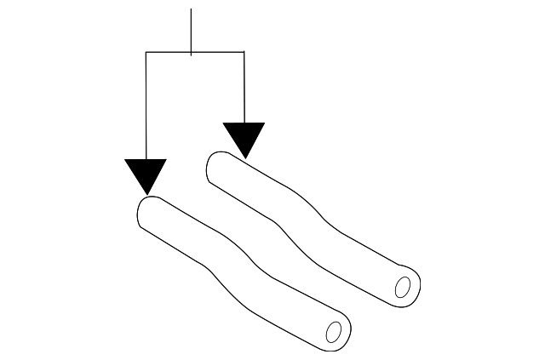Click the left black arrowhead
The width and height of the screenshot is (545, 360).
146,173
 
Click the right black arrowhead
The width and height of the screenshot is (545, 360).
244,136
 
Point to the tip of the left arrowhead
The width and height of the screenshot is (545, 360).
147,194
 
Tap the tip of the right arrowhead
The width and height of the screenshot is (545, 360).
245,158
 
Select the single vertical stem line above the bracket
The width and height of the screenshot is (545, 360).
192,31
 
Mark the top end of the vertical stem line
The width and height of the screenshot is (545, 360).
192,9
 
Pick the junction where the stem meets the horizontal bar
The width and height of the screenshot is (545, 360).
192,53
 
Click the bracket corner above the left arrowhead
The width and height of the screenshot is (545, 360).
146,53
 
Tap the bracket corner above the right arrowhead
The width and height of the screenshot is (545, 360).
244,53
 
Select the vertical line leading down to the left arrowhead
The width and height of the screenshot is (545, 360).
146,106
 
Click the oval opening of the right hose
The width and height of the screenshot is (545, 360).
404,286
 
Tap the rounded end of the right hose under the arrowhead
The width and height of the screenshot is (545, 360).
219,165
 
